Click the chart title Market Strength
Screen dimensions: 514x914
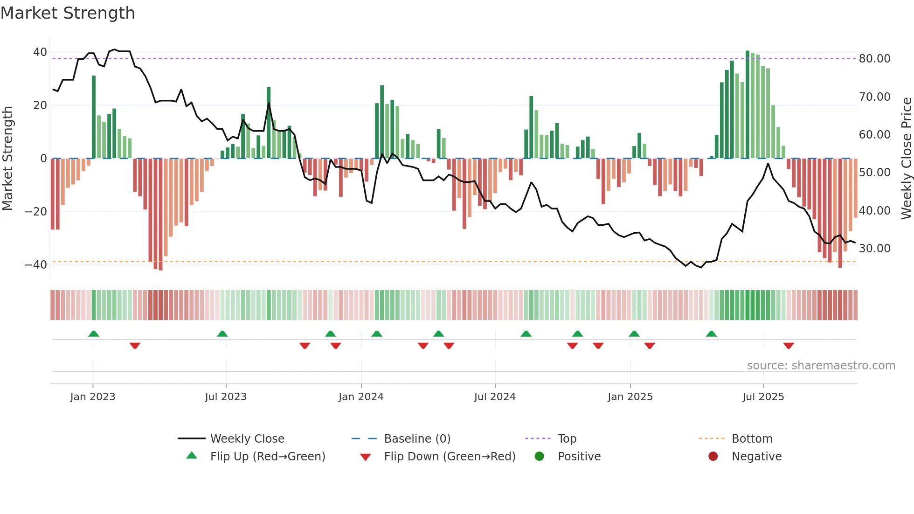click(68, 13)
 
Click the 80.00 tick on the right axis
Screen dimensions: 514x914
click(874, 59)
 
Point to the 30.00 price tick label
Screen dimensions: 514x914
click(874, 249)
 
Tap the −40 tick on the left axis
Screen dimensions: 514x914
click(36, 265)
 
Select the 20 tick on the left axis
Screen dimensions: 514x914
click(40, 105)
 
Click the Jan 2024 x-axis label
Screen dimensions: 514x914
click(361, 397)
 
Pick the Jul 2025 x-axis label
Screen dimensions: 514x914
click(763, 397)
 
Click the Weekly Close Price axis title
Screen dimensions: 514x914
click(906, 159)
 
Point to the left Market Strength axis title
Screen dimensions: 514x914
click(8, 159)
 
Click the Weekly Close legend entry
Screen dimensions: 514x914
click(247, 439)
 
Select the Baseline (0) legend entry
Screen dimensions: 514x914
click(417, 439)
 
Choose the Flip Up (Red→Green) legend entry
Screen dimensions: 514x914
click(267, 457)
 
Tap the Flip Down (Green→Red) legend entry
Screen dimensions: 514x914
click(450, 457)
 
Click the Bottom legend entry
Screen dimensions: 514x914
click(752, 439)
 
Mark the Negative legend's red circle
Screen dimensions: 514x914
click(713, 457)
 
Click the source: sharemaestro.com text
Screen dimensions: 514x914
click(821, 366)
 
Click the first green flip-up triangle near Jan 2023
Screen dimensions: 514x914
click(94, 334)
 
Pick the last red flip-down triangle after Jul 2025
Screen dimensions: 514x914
click(789, 346)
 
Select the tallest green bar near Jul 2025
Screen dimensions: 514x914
click(748, 105)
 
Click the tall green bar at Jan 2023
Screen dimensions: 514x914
click(94, 117)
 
